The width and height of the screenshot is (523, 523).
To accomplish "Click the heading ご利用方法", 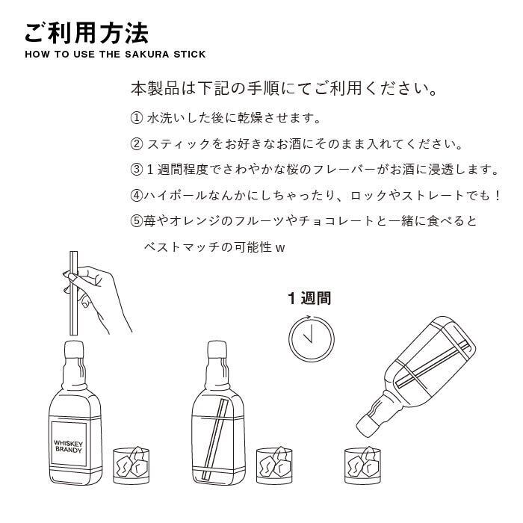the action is click(x=87, y=34).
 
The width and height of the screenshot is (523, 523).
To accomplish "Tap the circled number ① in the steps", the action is click(x=137, y=118).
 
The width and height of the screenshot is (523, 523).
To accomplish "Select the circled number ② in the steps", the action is click(x=137, y=144).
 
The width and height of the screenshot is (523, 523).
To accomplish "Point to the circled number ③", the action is click(x=137, y=170).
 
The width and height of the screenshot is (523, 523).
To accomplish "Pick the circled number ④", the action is click(x=137, y=196).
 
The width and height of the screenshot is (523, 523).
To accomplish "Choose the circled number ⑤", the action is click(x=137, y=221).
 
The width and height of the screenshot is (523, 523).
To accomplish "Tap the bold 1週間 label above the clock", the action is click(x=309, y=298).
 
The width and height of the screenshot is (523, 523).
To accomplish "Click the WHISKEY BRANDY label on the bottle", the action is click(x=69, y=447).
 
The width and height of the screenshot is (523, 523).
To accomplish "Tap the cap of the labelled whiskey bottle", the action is click(x=74, y=349).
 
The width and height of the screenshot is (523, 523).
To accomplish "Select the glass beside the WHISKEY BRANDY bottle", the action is click(x=131, y=466).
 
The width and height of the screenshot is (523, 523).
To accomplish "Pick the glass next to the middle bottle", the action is click(x=274, y=466).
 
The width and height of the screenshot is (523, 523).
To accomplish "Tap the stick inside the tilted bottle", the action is click(x=433, y=365).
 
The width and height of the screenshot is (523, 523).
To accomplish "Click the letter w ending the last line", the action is click(x=280, y=249).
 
